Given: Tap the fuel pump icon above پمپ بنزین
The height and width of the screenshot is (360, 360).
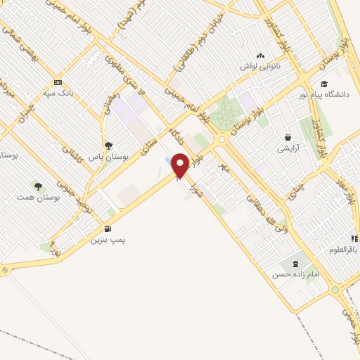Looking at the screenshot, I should pos(107,228).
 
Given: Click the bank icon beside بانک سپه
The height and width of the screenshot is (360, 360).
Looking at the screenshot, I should pos(58,81).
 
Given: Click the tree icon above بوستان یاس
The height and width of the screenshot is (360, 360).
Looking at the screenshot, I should pos(108,146).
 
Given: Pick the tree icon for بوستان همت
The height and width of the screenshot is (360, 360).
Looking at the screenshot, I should pos(37,186).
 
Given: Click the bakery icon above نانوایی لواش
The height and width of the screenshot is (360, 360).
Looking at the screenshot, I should pos(261,55).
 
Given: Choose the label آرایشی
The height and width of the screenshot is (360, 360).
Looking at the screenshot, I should pos(288,148).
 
